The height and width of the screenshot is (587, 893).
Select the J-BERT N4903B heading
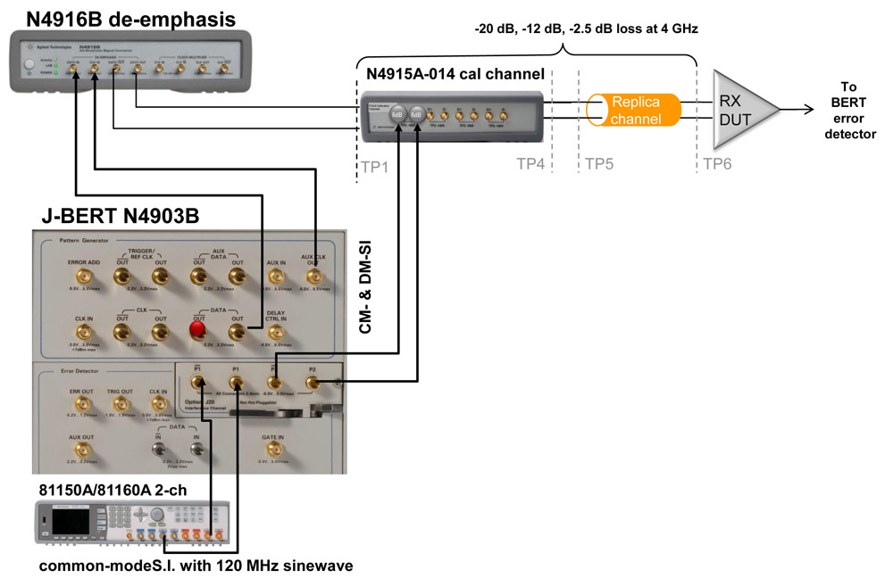(120, 216)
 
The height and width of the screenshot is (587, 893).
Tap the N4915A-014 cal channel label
(448, 73)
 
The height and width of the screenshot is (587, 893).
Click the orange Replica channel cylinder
(634, 111)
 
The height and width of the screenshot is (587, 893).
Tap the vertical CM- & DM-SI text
(365, 285)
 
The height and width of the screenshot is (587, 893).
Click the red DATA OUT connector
(198, 332)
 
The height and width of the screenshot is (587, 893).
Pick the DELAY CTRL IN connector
(275, 332)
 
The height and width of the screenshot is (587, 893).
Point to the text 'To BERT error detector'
(848, 111)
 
